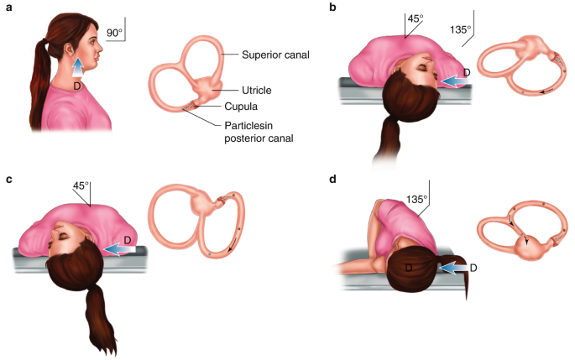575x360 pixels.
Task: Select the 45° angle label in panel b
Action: [415, 18]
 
